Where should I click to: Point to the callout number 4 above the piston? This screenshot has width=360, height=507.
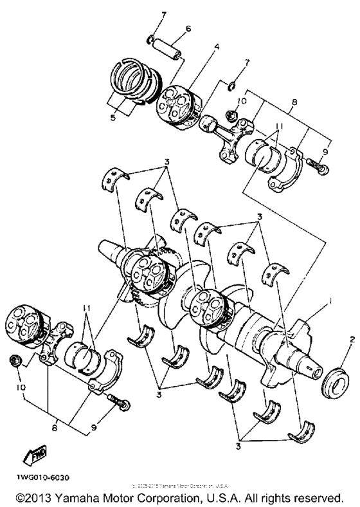coord(199,46)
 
